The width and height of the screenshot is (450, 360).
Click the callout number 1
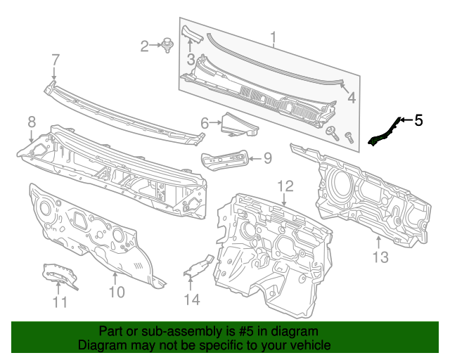click(274, 37)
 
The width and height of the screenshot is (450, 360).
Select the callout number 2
click(145, 46)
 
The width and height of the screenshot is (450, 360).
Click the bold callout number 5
click(418, 120)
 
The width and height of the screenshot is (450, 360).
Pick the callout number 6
click(205, 124)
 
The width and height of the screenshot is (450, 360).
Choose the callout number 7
click(55, 60)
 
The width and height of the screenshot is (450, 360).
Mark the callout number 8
click(31, 122)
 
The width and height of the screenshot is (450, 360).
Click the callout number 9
click(267, 158)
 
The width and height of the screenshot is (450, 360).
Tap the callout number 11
click(60, 302)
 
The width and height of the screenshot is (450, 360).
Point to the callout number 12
click(284, 186)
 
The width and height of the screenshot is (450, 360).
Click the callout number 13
click(380, 257)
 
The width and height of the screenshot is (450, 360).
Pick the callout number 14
click(191, 300)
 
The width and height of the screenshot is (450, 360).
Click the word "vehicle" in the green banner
click(307, 346)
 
